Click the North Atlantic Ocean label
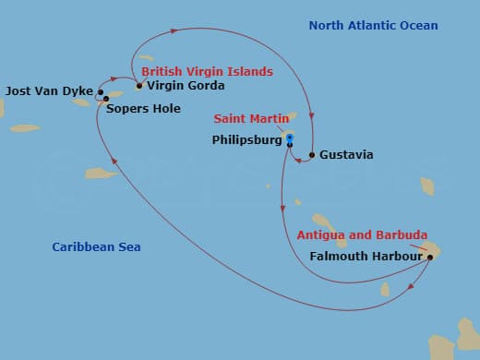click(x=373, y=26)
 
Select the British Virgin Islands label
click(x=207, y=71)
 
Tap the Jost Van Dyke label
click(x=48, y=91)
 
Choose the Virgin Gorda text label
click(x=186, y=87)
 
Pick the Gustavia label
click(x=346, y=155)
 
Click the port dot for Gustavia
click(x=312, y=155)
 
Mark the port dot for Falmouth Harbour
click(x=430, y=258)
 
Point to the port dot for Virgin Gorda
click(x=139, y=87)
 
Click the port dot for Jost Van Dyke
click(x=100, y=92)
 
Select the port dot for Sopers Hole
click(x=106, y=99)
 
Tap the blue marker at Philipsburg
click(x=290, y=140)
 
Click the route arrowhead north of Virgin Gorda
click(x=174, y=33)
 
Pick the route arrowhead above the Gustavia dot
click(x=312, y=115)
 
